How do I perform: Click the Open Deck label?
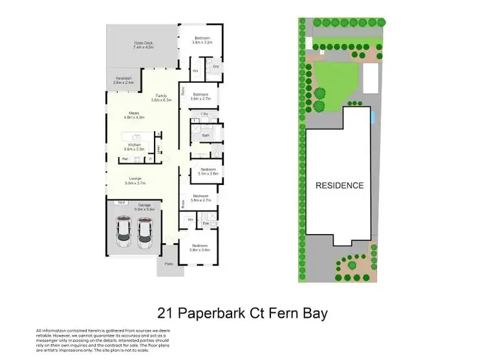point(143,45)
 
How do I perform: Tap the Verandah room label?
point(124,81)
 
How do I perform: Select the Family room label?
point(161,98)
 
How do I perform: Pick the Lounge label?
point(136,180)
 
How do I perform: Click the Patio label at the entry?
point(170,264)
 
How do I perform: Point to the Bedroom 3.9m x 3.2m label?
point(202,38)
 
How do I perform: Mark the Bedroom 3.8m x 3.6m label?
point(200,247)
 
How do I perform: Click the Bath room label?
point(206,135)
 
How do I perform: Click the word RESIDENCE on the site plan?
point(339,186)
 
